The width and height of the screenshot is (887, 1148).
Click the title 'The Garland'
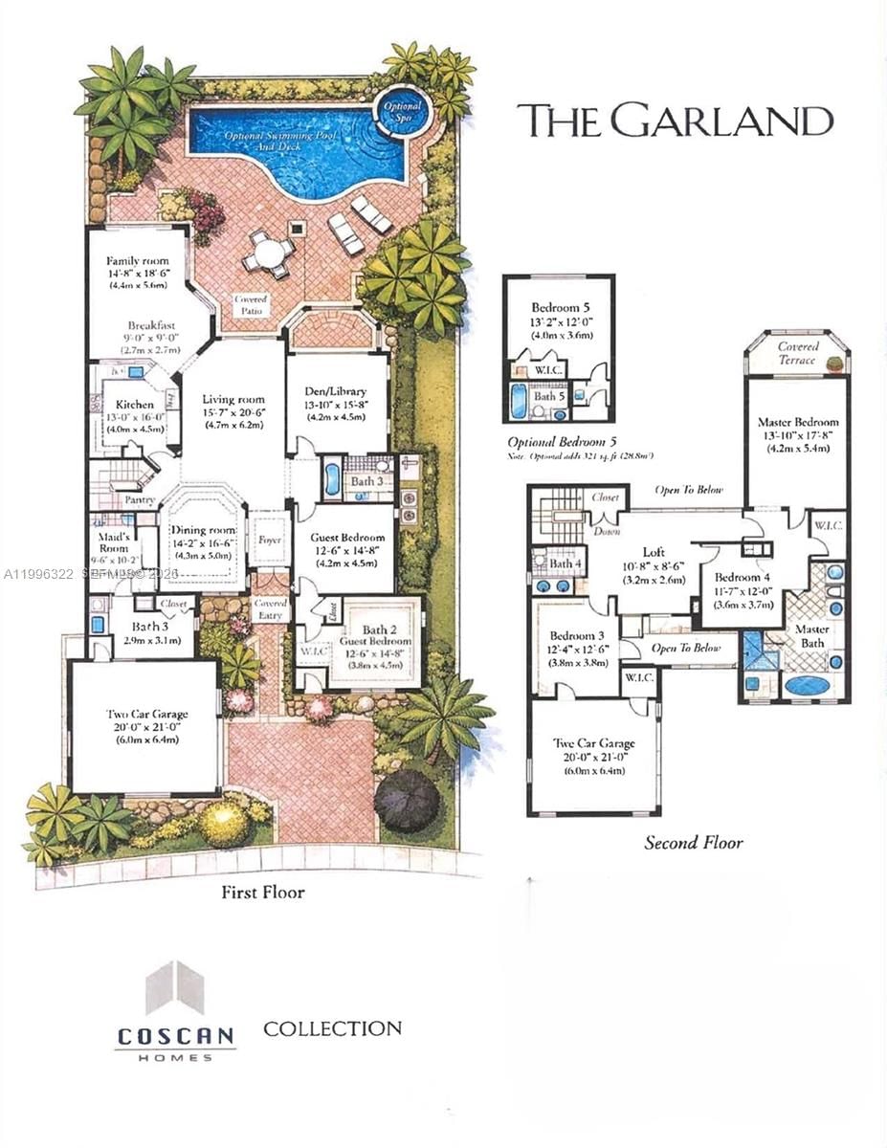[675, 121]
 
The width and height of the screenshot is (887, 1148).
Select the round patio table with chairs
[269, 254]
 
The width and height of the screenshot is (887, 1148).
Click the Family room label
[137, 260]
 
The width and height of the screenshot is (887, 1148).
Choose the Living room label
[233, 399]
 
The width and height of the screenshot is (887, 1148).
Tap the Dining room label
[202, 530]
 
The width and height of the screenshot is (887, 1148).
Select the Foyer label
[270, 539]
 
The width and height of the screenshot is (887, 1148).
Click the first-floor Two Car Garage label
[146, 714]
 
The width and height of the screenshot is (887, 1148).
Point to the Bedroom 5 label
[560, 308]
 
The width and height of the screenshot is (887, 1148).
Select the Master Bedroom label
[797, 422]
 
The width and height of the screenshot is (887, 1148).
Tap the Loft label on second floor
[654, 552]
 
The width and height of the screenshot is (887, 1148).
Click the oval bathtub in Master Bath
[808, 686]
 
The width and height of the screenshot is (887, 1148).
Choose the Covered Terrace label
[797, 353]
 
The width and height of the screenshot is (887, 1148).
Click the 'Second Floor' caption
[693, 843]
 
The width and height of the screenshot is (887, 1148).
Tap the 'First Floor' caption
[262, 893]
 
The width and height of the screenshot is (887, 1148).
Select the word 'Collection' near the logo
[332, 1029]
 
